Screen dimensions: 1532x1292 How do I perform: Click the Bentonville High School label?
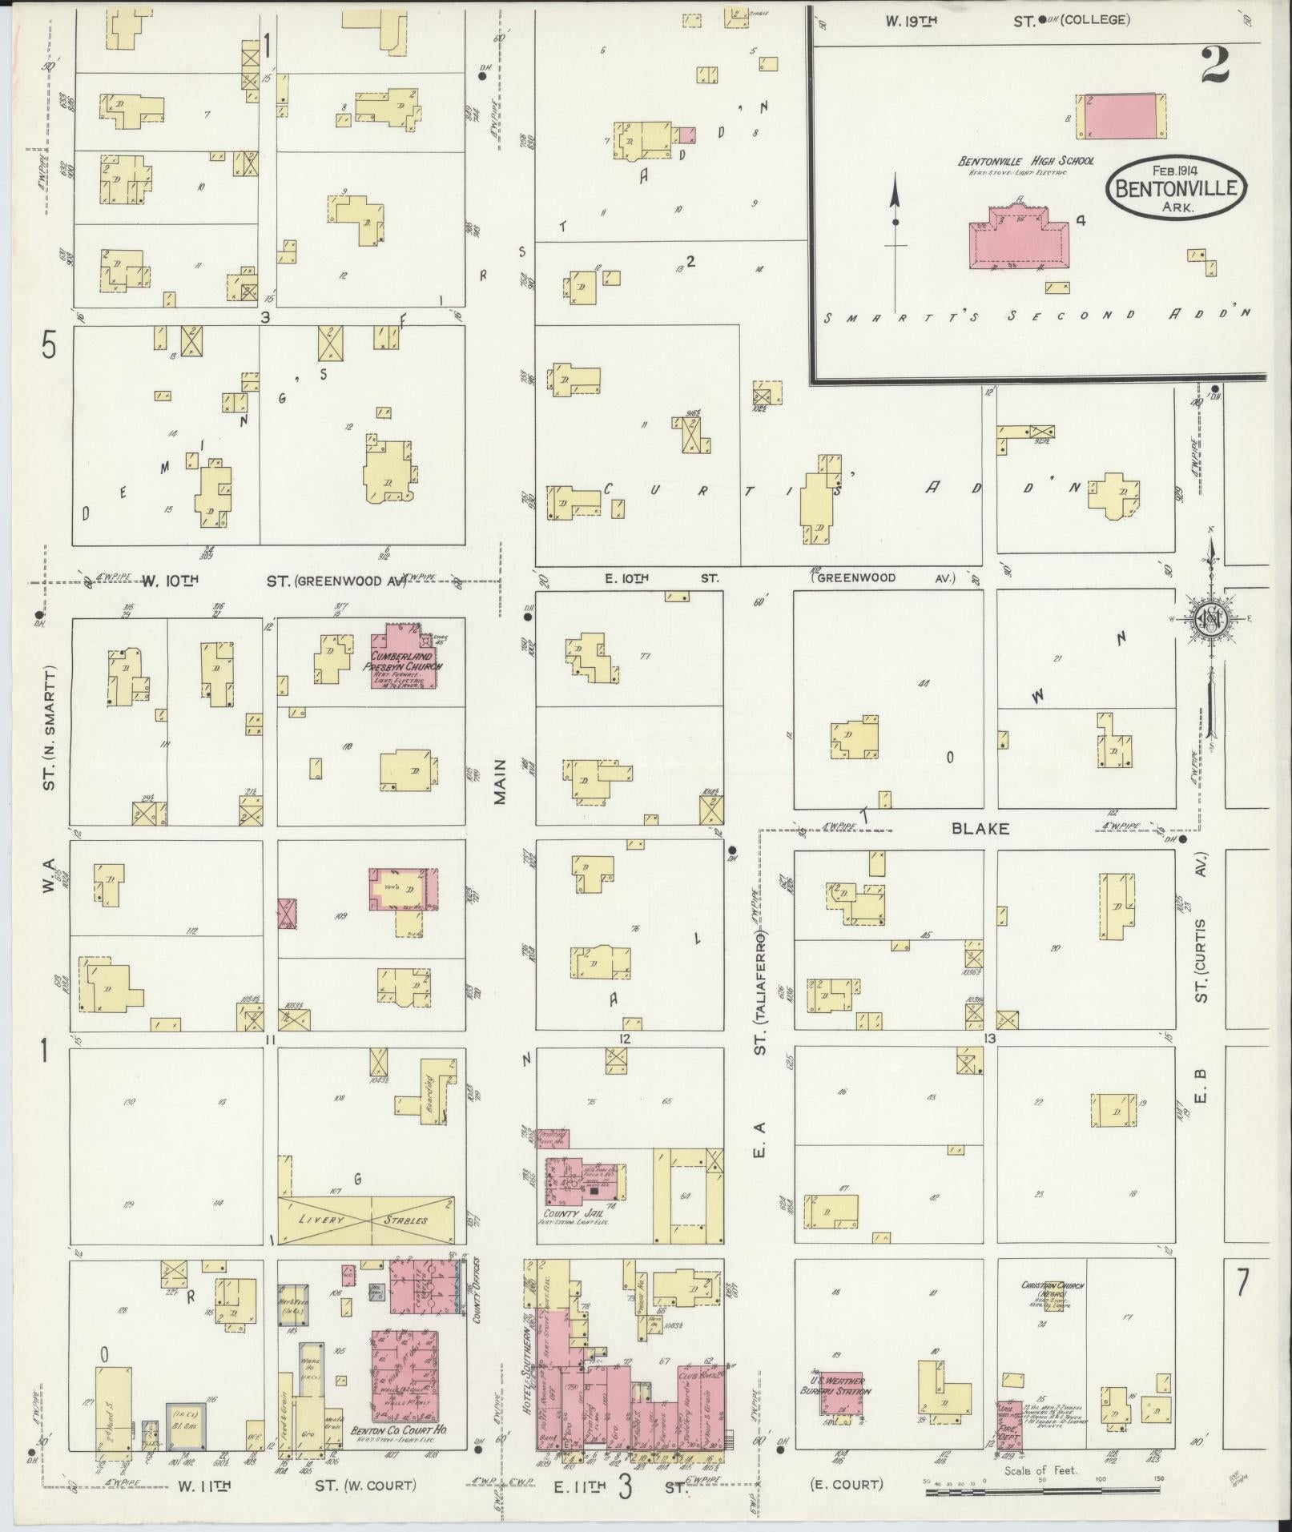(1026, 161)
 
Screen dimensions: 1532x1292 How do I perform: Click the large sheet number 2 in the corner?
(1214, 66)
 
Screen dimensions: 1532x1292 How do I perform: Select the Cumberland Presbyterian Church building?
(405, 657)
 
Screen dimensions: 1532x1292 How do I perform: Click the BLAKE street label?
(980, 829)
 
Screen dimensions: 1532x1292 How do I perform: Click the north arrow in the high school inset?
(896, 220)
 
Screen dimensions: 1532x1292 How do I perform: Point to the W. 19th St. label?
(912, 21)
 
